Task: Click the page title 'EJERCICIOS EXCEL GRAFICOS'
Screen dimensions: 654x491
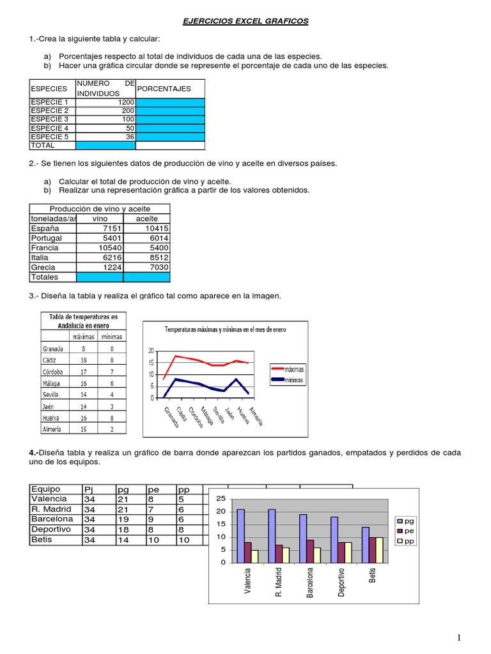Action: (x=245, y=21)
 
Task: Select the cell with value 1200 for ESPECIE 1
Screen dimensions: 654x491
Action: (x=105, y=102)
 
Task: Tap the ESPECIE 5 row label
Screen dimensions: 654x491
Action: (x=52, y=137)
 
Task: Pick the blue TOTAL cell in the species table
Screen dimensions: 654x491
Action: (x=105, y=146)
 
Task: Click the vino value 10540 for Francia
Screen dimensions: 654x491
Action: (x=100, y=248)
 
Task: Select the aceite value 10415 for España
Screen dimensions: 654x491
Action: (x=146, y=228)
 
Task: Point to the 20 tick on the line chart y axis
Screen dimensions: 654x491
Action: (x=151, y=351)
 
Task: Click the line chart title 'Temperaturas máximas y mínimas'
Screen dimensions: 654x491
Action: (x=226, y=330)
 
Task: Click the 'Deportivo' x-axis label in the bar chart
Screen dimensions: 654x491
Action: (x=341, y=582)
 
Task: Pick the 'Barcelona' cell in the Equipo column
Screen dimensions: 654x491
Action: (x=56, y=519)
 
